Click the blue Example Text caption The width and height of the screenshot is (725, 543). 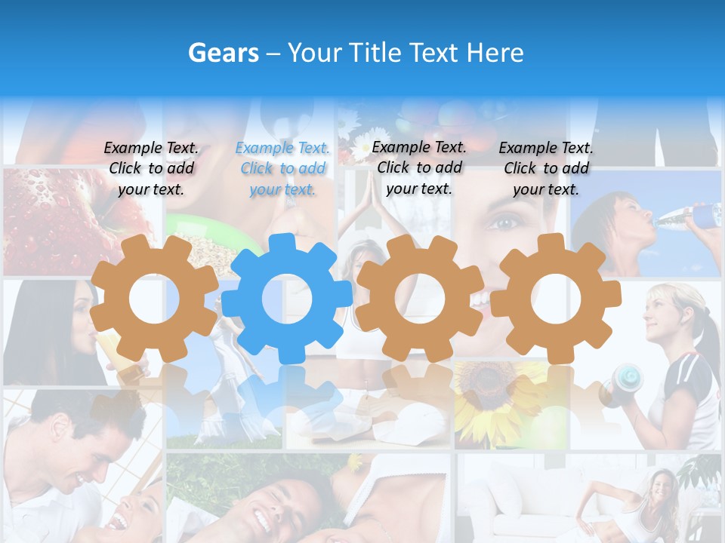[282, 168]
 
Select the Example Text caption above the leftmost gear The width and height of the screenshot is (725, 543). [151, 168]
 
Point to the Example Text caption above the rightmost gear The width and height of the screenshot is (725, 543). [546, 168]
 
